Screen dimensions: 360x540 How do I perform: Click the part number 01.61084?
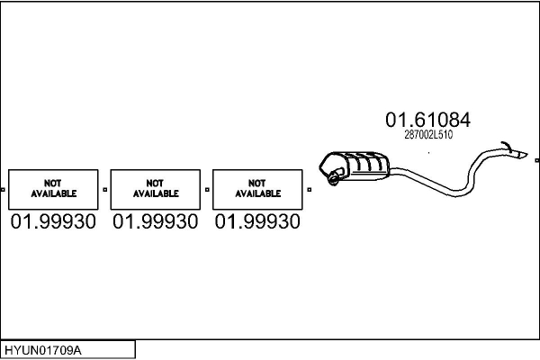point(427,119)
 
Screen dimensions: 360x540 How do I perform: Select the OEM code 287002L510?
point(428,135)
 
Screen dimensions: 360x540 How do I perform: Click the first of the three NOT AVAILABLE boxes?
point(54,189)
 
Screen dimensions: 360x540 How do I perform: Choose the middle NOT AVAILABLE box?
point(156,189)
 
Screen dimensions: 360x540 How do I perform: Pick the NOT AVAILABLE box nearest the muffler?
point(257,189)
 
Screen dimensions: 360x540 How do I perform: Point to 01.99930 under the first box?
point(54,221)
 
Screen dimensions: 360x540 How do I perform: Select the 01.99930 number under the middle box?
point(156,221)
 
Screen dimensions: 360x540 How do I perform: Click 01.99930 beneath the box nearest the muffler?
point(257,221)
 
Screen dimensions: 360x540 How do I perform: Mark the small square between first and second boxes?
point(105,190)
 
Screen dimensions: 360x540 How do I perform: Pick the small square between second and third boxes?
point(207,190)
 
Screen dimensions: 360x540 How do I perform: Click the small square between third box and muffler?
point(309,190)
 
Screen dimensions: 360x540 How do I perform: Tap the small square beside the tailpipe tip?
point(536,160)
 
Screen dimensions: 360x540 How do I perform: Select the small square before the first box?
point(4,190)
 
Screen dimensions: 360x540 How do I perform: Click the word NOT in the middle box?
point(156,184)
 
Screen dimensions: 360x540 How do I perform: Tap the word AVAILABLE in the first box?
point(54,193)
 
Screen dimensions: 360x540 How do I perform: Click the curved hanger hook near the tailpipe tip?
point(507,145)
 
